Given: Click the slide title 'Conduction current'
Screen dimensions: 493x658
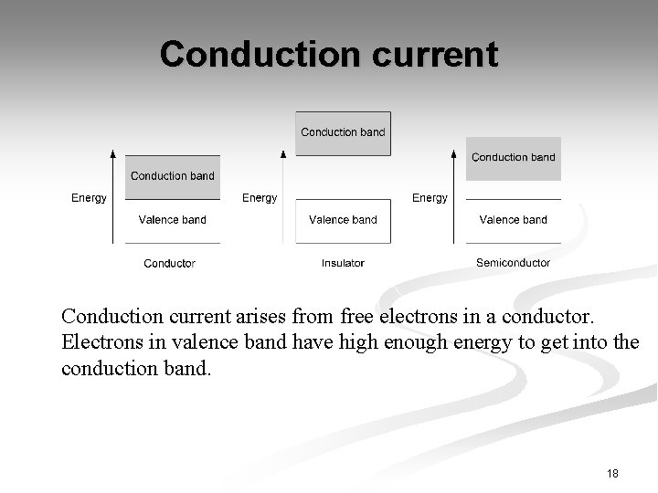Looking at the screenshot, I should [x=329, y=54].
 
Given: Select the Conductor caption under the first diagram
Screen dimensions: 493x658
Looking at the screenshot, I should [x=170, y=264].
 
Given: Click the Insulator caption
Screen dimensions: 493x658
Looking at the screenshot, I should [x=343, y=264].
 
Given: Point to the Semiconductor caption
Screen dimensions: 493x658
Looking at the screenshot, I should [x=513, y=263].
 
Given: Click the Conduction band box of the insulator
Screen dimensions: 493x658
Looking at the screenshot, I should [x=343, y=133].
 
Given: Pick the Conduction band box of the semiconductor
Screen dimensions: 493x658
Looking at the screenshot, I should [x=513, y=158].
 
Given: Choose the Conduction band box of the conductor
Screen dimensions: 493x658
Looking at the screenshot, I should [x=172, y=176].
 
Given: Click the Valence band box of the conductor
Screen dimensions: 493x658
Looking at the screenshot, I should [x=172, y=220].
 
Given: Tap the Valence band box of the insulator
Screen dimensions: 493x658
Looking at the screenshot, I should [x=343, y=220].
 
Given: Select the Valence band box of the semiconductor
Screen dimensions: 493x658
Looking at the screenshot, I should [x=513, y=220].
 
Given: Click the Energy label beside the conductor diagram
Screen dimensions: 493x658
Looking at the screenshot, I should [x=89, y=198].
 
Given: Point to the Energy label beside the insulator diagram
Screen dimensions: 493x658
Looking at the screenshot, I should [x=260, y=198].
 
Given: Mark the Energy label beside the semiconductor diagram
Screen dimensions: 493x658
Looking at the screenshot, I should [x=430, y=198].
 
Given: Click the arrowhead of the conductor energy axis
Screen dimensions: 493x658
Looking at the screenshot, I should [x=112, y=152].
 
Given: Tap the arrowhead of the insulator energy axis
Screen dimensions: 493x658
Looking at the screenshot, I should [x=283, y=152].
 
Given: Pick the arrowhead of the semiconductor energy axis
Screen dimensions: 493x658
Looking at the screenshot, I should [x=454, y=152].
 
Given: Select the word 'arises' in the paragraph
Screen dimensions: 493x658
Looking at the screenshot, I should [x=283, y=317].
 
